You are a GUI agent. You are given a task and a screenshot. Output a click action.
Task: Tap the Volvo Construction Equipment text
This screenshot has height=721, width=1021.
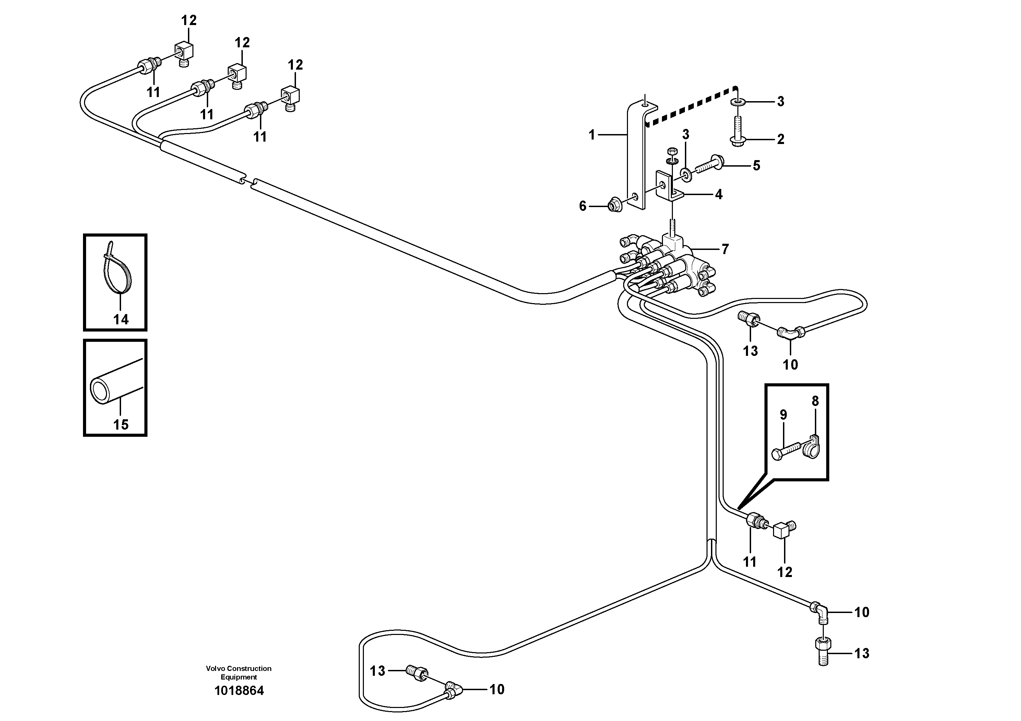click(x=239, y=673)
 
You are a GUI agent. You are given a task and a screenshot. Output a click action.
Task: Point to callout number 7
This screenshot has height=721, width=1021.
click(x=725, y=249)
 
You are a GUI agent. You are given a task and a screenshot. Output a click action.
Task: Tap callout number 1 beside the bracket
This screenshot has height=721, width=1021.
click(x=591, y=135)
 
